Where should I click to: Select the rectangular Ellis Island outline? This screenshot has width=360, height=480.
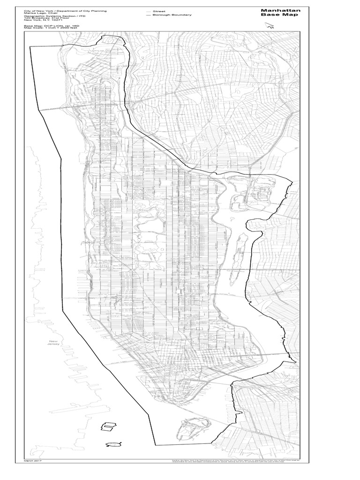[x=109, y=426]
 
